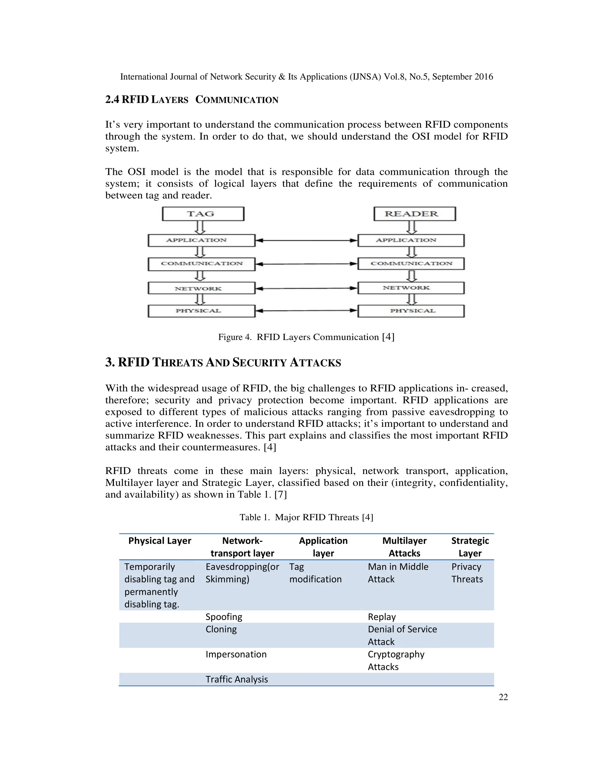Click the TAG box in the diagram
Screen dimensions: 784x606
(203, 214)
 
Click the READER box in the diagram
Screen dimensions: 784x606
(414, 214)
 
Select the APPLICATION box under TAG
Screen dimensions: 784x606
(201, 240)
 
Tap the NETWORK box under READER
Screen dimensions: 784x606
(411, 288)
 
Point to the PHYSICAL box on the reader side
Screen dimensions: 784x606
(411, 311)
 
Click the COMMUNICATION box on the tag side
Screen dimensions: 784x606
(201, 264)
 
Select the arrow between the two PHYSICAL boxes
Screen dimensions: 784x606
(306, 311)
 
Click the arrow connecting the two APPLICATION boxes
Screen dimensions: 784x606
(306, 241)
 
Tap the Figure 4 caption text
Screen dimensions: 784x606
(306, 337)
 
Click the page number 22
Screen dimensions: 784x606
(503, 697)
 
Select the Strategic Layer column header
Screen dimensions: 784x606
(470, 546)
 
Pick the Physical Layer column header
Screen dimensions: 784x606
(159, 541)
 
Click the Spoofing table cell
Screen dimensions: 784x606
(224, 617)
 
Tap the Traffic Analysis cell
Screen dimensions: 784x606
(237, 679)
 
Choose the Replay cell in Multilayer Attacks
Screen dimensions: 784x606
(382, 617)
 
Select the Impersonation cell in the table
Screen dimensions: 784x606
(236, 654)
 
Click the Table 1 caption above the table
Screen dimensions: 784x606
(306, 517)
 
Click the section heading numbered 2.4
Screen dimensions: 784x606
(191, 100)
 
